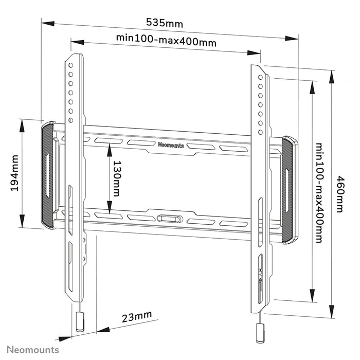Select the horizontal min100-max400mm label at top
coord(166,40)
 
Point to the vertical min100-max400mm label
coord(320,193)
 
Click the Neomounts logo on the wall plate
coord(171,145)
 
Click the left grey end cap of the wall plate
coord(47,175)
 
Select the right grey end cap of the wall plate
coord(288,189)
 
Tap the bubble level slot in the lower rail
coord(169,219)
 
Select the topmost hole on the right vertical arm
coord(261,77)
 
